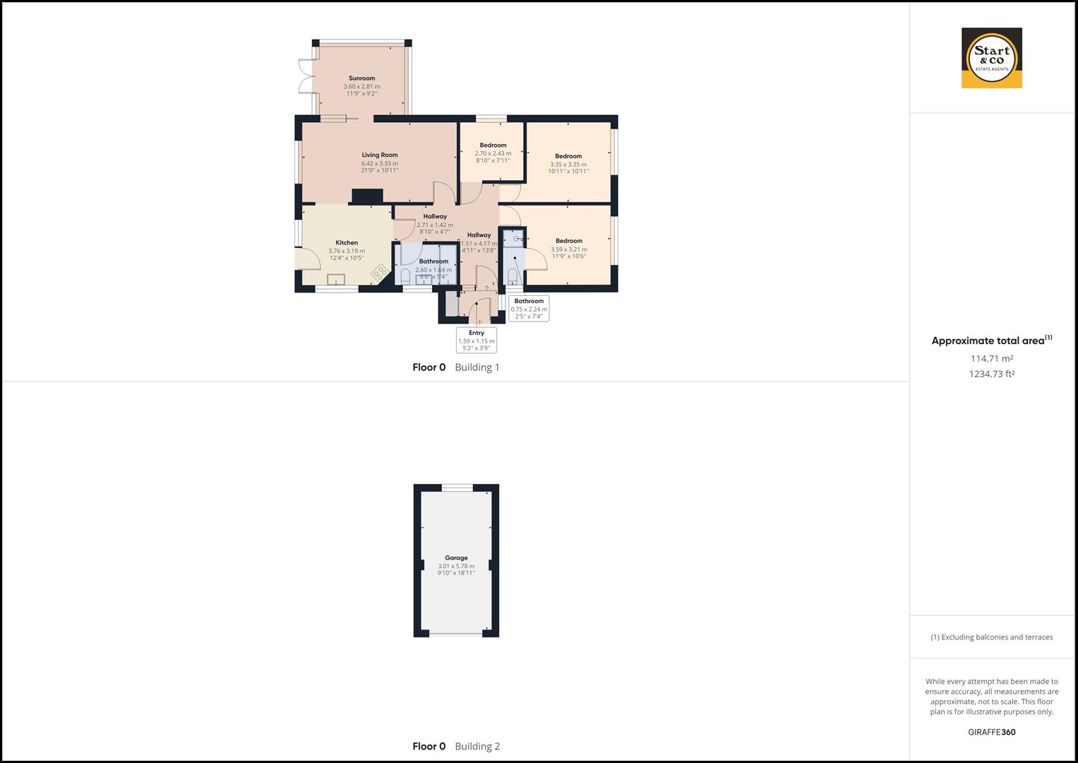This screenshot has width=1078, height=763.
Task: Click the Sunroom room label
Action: (x=361, y=78)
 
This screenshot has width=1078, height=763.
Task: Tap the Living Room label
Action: (x=380, y=155)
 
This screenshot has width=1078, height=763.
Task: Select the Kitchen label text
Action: (x=347, y=243)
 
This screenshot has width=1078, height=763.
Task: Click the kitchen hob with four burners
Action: (x=380, y=273)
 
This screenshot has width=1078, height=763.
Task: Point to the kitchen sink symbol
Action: (x=336, y=278)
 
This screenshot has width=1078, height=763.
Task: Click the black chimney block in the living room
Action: (x=367, y=196)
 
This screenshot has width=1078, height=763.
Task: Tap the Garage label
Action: (x=456, y=558)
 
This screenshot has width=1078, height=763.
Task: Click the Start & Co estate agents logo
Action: (x=991, y=58)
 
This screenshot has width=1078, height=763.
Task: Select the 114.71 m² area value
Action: (x=991, y=359)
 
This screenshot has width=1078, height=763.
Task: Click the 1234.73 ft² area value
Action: (x=991, y=374)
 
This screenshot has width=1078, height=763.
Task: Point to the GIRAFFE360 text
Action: (x=991, y=732)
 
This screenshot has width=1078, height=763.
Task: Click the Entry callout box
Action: (x=477, y=340)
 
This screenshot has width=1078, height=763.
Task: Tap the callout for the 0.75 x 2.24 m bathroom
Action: (x=529, y=309)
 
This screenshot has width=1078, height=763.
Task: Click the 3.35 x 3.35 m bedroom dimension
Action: (x=568, y=165)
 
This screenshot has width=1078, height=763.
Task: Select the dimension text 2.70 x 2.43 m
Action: (x=493, y=153)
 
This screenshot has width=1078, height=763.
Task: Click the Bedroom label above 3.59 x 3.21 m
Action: (x=569, y=241)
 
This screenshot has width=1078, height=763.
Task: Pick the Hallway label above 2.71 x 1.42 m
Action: (x=435, y=217)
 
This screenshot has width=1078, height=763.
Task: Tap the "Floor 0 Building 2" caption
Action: (x=456, y=746)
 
